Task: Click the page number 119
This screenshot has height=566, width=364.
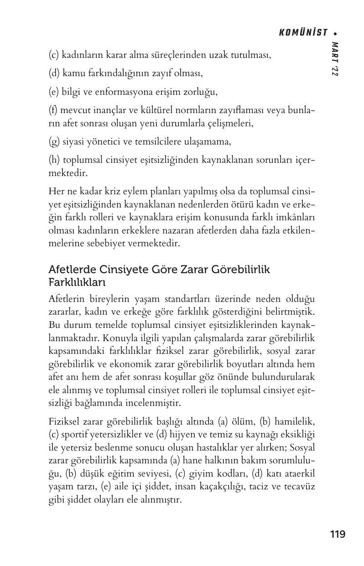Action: click(x=338, y=534)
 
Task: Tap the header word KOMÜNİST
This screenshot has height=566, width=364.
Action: click(x=303, y=32)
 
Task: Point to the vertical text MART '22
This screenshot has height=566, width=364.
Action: click(x=335, y=59)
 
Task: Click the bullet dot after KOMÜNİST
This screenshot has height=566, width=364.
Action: click(x=336, y=33)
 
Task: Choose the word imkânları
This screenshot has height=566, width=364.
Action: click(x=295, y=217)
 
